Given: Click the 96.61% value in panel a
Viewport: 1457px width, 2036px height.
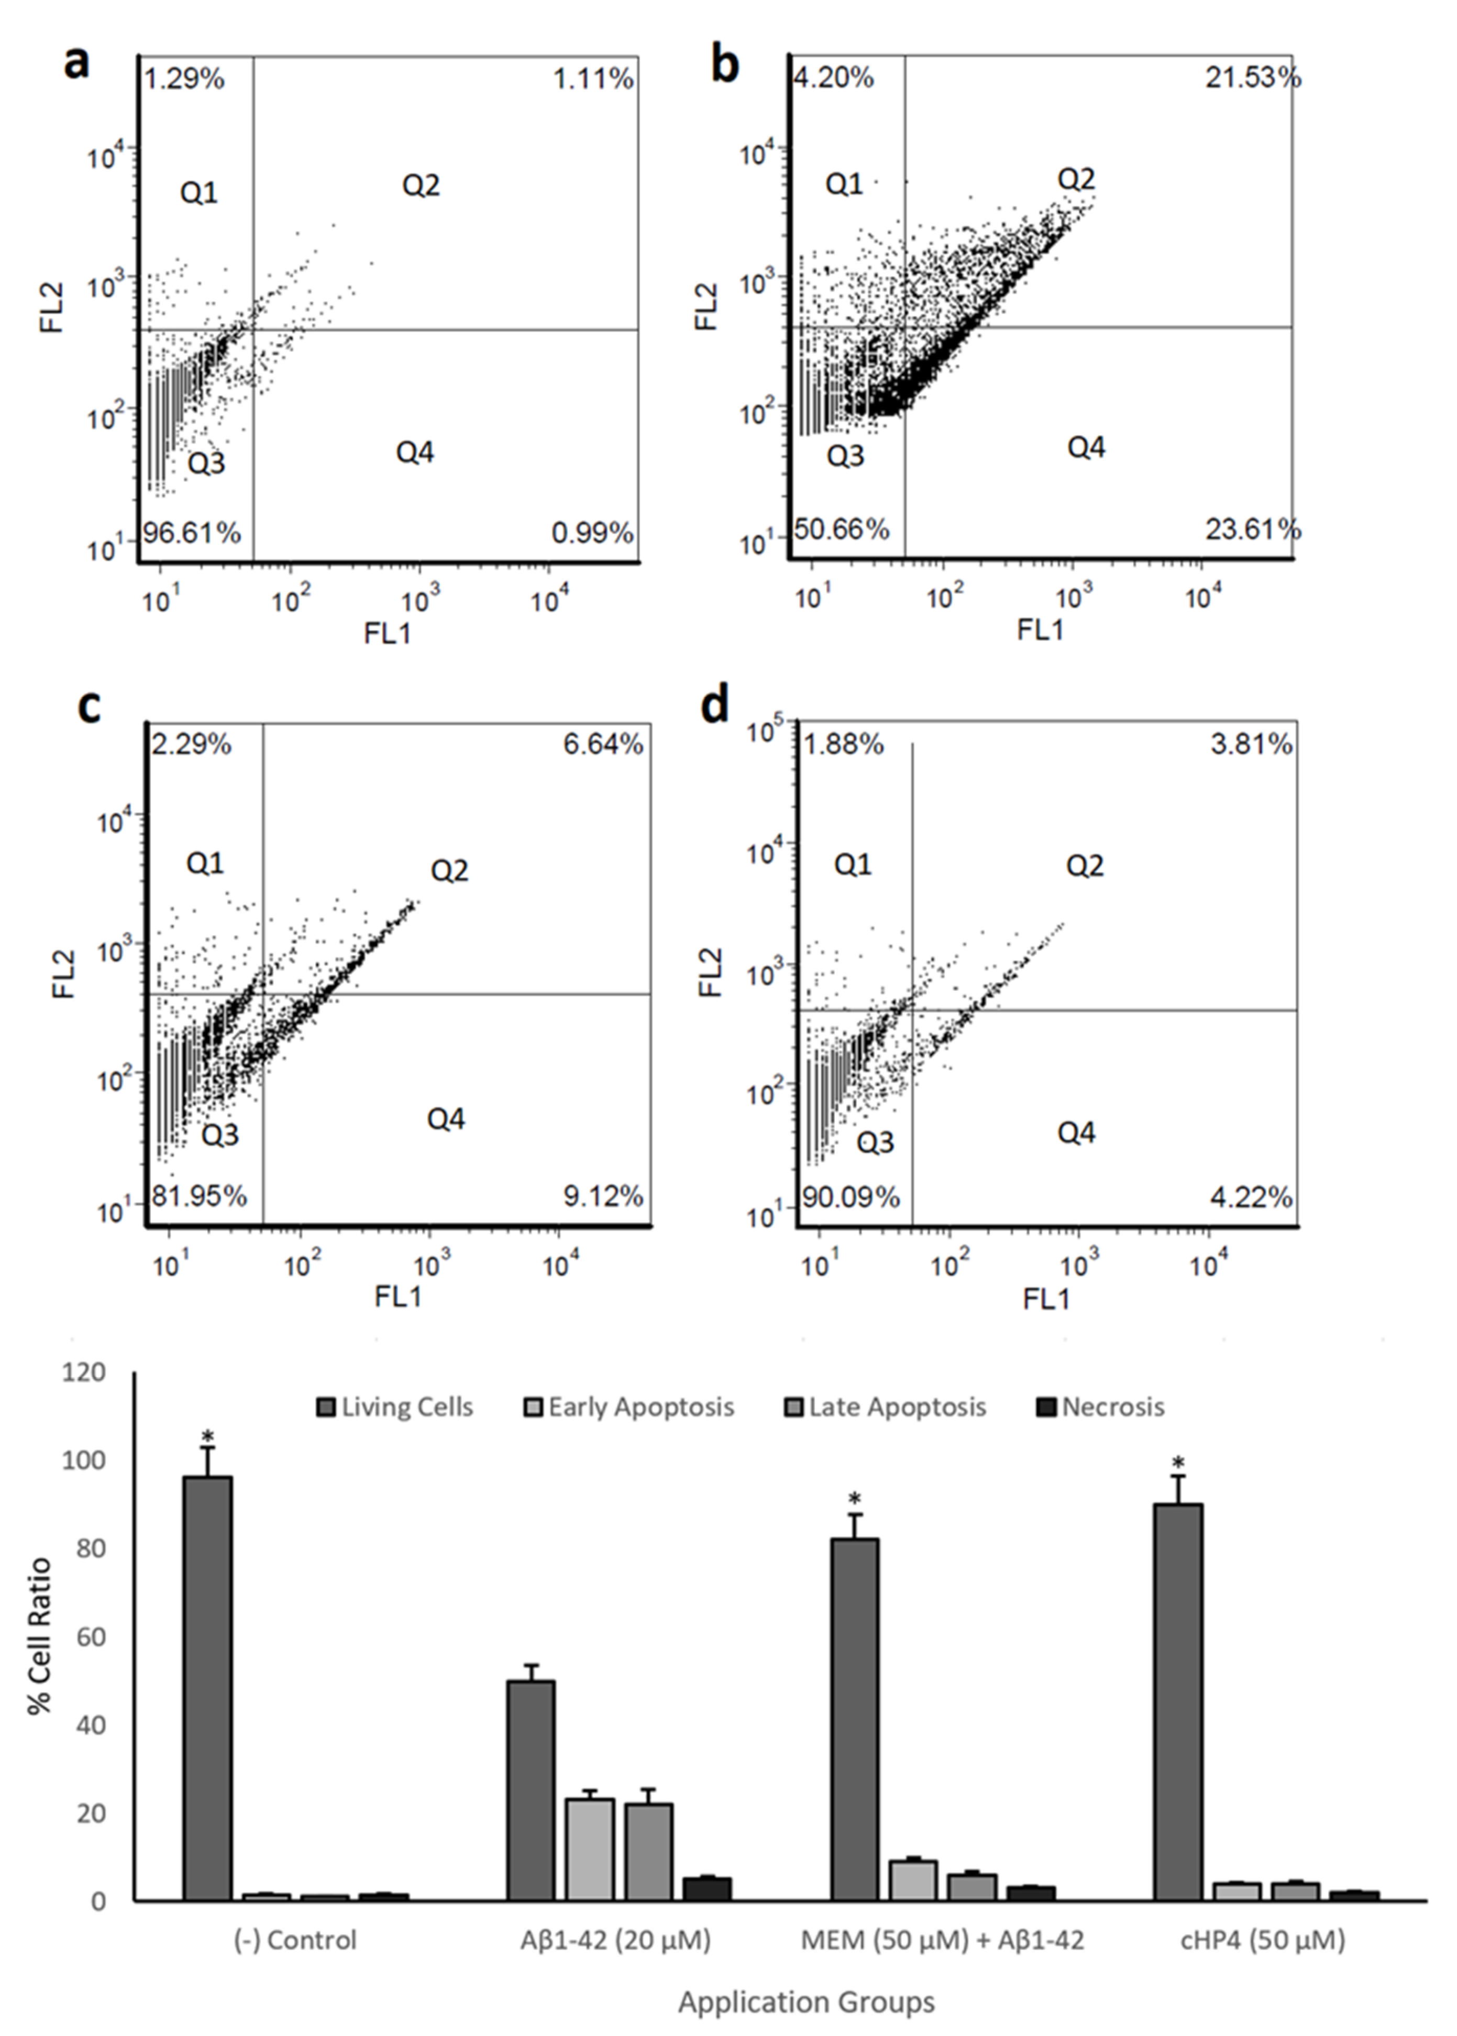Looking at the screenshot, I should coord(192,533).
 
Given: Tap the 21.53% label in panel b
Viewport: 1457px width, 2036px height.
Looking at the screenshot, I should coord(1252,78).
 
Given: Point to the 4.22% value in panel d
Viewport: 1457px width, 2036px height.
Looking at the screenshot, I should coord(1252,1196).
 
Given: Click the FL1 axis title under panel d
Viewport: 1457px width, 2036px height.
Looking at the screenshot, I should coord(1046,1298).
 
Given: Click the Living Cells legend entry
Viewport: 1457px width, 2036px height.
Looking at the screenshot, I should coord(395,1407).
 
